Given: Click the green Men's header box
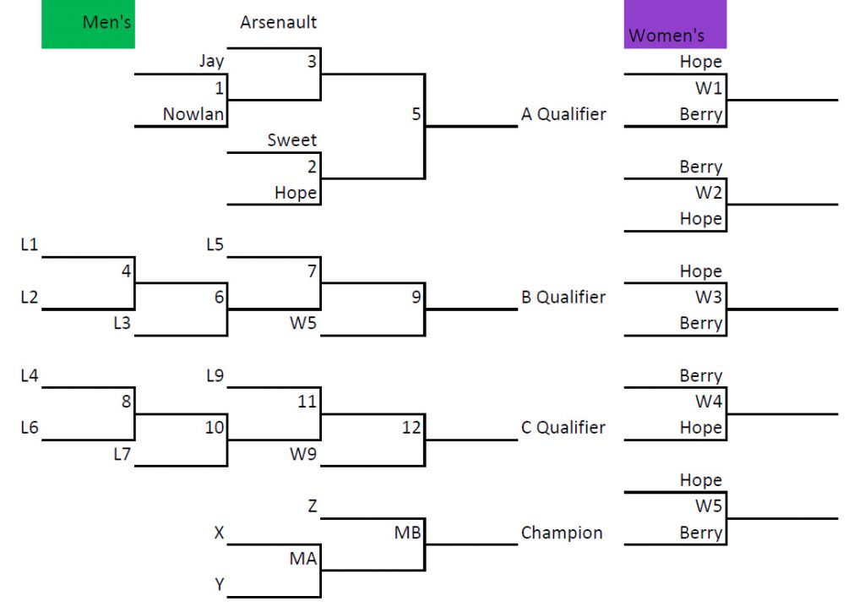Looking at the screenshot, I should (88, 24).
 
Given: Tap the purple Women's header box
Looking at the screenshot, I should (674, 25).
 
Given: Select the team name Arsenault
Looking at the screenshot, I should (278, 22).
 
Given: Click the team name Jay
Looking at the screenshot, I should (211, 61).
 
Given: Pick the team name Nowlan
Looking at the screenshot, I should (193, 114).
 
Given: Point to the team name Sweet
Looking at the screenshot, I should (292, 140).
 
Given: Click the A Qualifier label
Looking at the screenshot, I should (563, 114).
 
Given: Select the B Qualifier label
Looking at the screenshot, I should (563, 297).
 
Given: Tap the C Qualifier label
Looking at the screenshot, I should (563, 428).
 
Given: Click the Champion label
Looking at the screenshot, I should (562, 533).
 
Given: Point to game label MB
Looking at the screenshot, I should (407, 533).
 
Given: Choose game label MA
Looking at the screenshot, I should (303, 559).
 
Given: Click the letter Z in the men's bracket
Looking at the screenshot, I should (312, 506).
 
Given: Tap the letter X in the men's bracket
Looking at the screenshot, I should (219, 533).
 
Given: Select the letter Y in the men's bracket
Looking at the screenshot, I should (219, 585).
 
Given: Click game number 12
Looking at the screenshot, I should (411, 428).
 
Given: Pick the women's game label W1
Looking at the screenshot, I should (709, 88).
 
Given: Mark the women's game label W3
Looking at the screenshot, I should (709, 297).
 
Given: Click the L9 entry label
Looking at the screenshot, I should (215, 375).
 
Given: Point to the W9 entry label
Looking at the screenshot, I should (303, 454).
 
